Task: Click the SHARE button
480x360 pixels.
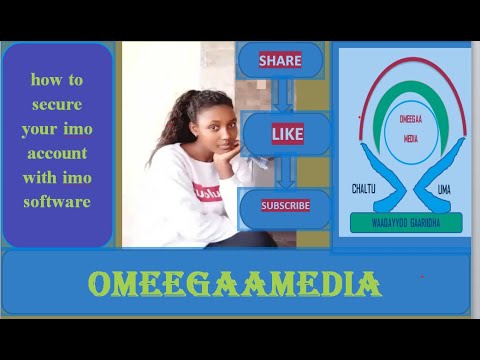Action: tap(280, 61)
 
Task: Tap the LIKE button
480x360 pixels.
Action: tap(286, 133)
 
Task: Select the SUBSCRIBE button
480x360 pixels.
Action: tap(285, 206)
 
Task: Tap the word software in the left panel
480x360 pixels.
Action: tap(58, 202)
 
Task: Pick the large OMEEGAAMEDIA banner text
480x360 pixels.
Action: tap(235, 284)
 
